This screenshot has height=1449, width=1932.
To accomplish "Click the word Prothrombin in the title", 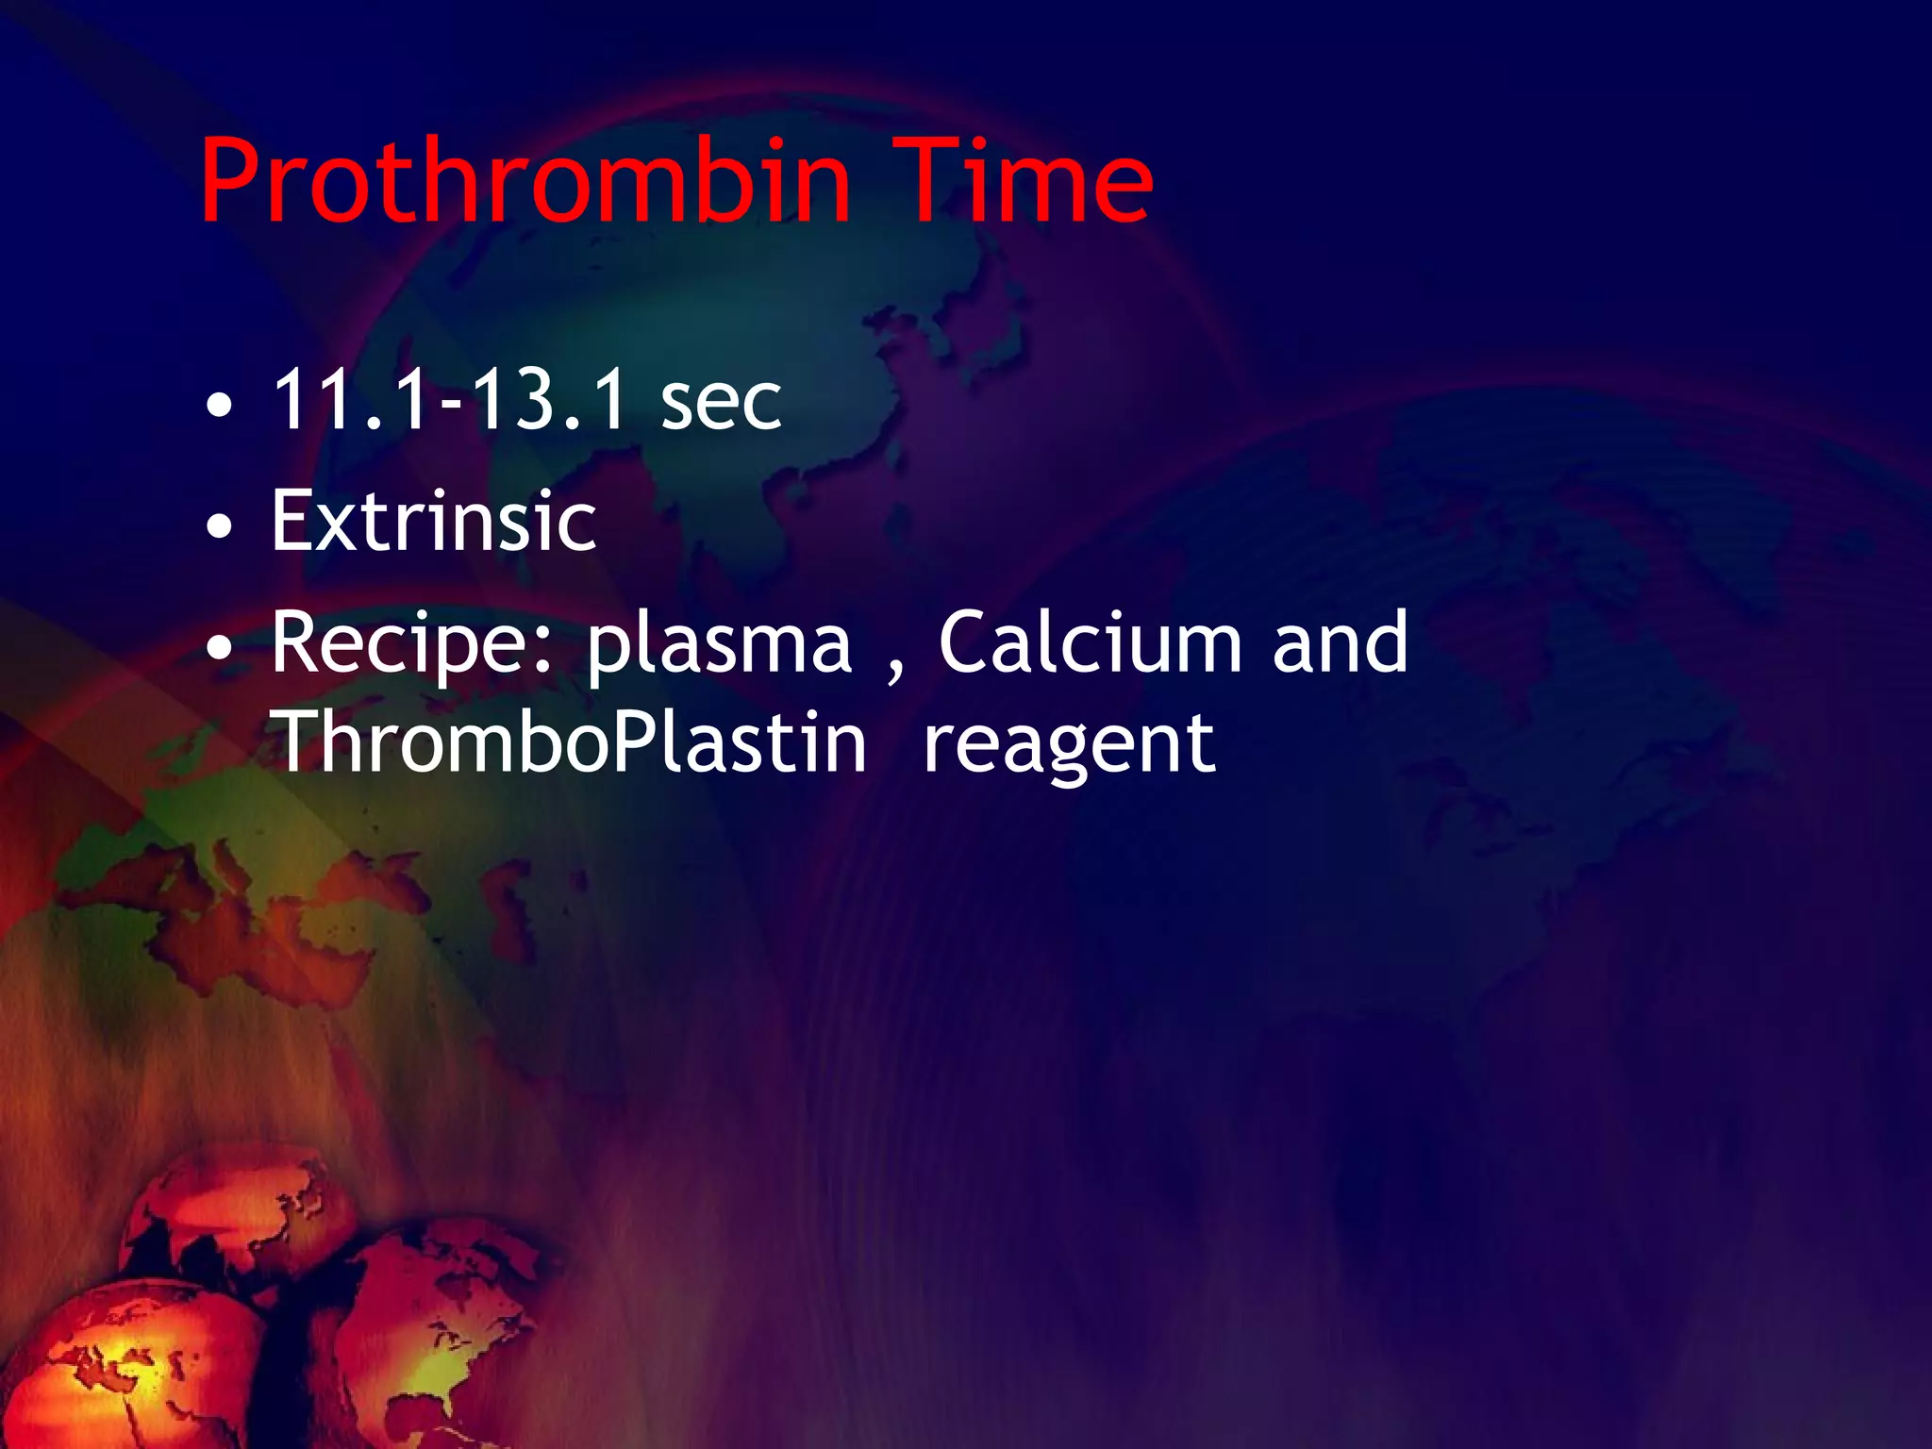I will (525, 181).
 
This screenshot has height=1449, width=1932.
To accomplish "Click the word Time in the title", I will (1023, 181).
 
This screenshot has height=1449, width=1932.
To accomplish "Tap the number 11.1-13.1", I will (449, 400).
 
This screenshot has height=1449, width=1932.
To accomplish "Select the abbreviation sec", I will (721, 404).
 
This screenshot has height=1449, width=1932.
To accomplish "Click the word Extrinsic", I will (434, 521).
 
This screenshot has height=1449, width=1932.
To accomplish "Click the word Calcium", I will (1090, 643).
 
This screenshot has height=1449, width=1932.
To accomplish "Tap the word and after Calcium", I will (1340, 643).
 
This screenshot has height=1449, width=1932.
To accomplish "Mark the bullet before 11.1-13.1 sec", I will (219, 407).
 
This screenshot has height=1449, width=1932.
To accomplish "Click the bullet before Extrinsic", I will (219, 526).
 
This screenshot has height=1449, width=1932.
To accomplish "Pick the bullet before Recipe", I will (219, 648).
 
